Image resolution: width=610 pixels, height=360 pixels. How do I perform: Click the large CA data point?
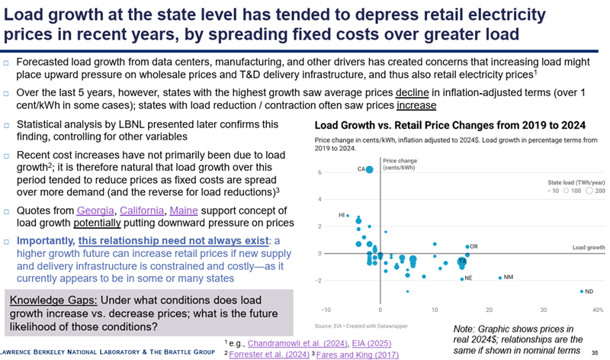(370, 169)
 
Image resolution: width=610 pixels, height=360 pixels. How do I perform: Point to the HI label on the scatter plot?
(342, 216)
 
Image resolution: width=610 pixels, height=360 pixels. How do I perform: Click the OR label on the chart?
(474, 246)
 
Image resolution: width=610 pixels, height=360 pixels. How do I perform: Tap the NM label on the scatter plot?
(509, 278)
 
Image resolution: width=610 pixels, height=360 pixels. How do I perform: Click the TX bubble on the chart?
(461, 262)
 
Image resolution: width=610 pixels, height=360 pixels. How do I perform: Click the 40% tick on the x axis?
(597, 310)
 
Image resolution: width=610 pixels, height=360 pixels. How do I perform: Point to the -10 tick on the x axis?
(326, 310)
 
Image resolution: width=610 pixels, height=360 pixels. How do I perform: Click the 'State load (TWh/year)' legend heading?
(575, 183)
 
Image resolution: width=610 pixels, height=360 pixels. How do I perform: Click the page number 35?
(594, 352)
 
